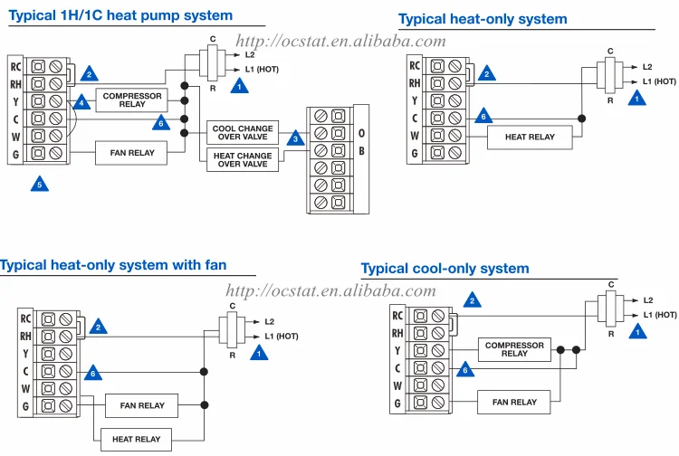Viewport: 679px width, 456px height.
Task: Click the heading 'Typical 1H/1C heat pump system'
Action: coord(120,15)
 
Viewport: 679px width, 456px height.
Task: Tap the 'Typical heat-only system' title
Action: coord(483,19)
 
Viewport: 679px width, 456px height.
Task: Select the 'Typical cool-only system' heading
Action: coord(445,269)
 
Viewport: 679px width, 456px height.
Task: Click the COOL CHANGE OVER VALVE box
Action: coord(244,134)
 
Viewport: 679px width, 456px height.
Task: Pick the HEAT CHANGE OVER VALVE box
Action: coord(244,160)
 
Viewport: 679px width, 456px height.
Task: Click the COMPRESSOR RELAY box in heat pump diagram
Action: coord(131,100)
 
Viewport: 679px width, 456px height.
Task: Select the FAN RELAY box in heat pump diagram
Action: coord(132,153)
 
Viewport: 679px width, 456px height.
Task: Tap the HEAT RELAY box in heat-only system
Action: coord(530,137)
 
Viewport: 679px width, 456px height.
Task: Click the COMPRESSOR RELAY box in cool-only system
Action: coord(514,349)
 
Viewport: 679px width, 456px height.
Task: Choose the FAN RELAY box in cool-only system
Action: coord(514,402)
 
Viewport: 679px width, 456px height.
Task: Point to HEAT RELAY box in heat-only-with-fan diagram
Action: coord(136,439)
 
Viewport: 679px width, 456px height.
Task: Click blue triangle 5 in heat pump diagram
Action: coord(38,185)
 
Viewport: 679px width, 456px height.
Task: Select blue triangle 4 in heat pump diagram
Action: coord(81,103)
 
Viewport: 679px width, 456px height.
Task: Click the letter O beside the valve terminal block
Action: coord(361,132)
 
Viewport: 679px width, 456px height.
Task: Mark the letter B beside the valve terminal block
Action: coord(361,149)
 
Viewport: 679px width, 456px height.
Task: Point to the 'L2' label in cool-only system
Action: coord(648,299)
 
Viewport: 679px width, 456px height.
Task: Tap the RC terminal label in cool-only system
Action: coord(397,316)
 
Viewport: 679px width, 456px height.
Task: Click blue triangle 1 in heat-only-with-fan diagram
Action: coord(260,354)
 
